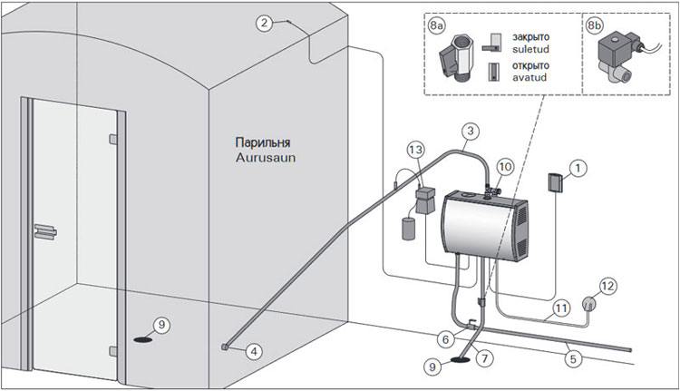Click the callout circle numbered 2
(x=264, y=23)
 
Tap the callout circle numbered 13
(x=415, y=151)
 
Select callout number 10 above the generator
(x=506, y=167)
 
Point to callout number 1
(x=578, y=169)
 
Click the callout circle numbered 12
(x=608, y=287)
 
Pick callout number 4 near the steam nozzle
(x=254, y=351)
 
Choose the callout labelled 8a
(x=437, y=25)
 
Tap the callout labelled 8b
(x=595, y=25)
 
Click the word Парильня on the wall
(x=263, y=142)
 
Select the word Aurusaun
(x=266, y=157)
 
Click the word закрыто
(x=530, y=37)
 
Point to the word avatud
(x=529, y=78)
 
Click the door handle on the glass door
(x=45, y=231)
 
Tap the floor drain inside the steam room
(x=143, y=339)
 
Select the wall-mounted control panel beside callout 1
(x=555, y=182)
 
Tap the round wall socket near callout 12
(x=588, y=303)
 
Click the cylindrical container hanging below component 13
(x=409, y=230)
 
